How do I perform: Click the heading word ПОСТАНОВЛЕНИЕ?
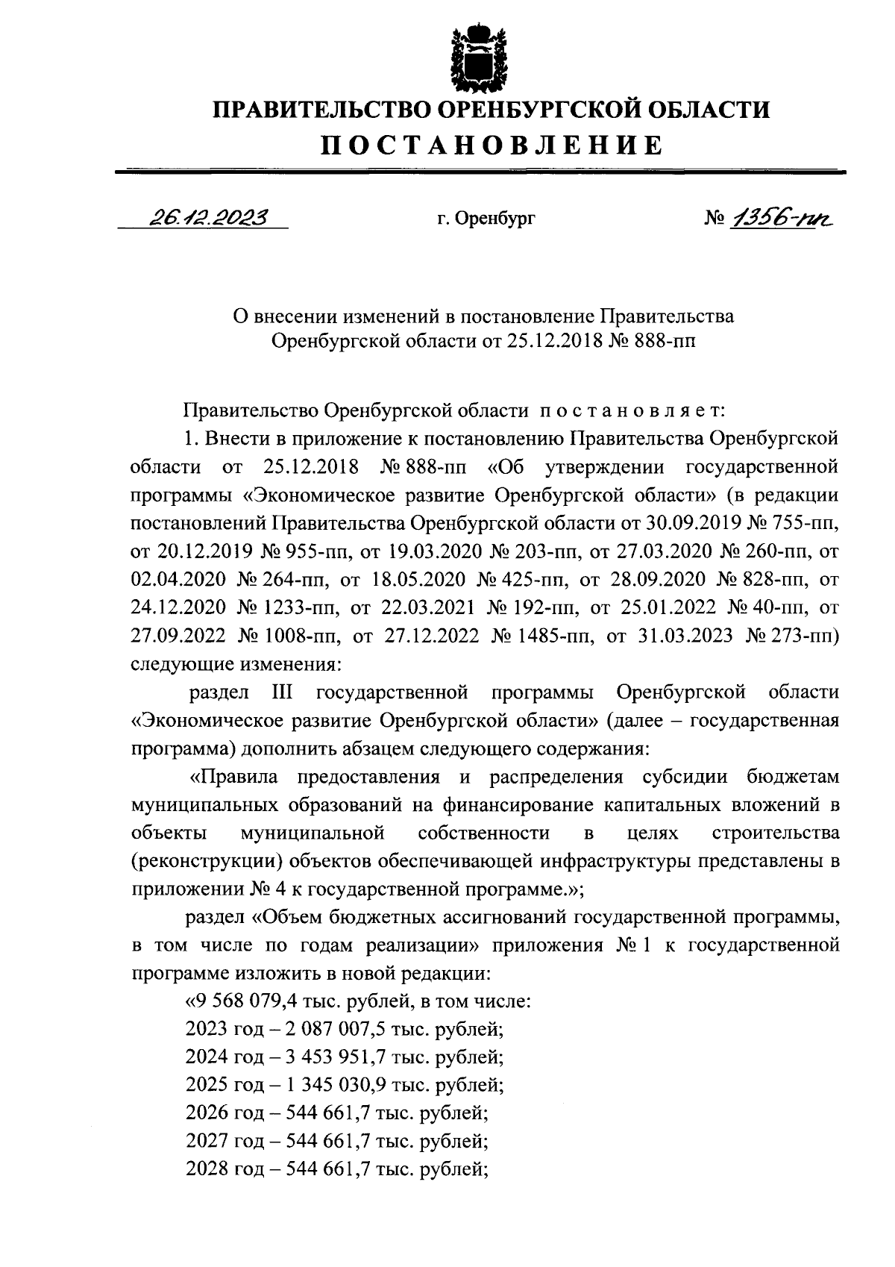[492, 144]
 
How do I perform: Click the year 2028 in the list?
[206, 1170]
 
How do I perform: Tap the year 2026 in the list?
[206, 1113]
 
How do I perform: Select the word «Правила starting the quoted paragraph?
[233, 777]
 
